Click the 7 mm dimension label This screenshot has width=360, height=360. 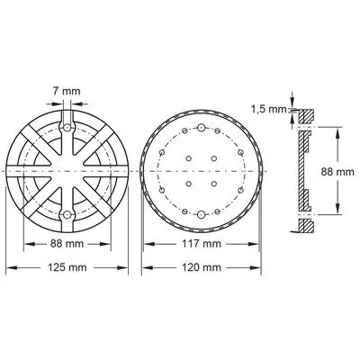tap(67, 91)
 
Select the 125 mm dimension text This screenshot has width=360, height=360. tap(67, 267)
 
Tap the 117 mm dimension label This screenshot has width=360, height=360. tap(202, 244)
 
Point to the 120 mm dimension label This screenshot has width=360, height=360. tap(202, 267)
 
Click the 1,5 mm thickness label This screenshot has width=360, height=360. tap(269, 110)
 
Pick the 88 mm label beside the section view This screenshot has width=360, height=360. tap(337, 172)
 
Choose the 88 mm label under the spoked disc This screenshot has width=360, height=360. tap(67, 244)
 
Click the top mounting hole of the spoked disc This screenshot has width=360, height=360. tap(67, 128)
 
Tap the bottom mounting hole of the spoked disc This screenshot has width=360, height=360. tap(67, 215)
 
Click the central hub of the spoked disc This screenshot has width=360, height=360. tap(67, 171)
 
